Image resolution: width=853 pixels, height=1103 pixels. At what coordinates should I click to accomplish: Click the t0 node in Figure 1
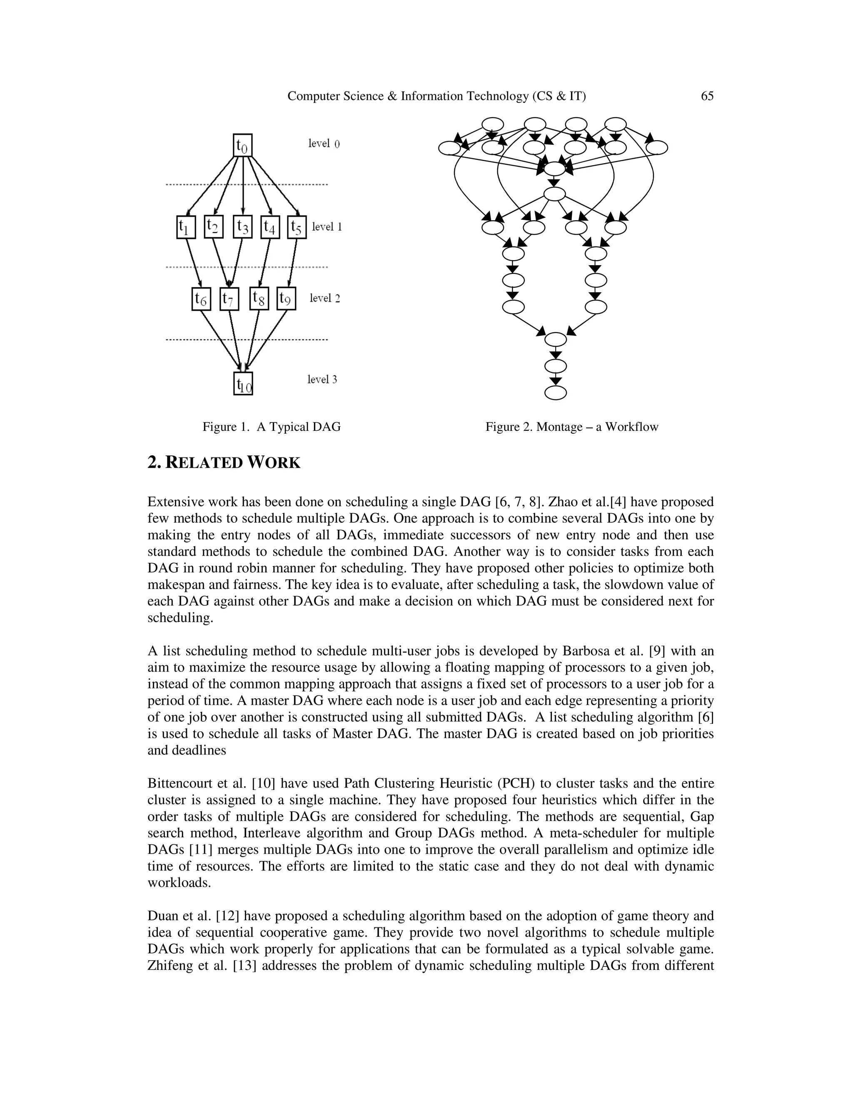242,145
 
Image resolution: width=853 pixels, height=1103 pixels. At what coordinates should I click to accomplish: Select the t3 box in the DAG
242,227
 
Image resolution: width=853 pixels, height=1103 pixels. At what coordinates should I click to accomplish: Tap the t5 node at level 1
297,227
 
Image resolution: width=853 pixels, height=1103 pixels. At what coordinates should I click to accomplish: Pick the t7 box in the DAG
229,299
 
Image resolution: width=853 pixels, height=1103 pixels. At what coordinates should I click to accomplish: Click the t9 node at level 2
286,298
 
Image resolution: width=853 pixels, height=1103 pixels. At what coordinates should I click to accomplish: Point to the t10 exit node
243,383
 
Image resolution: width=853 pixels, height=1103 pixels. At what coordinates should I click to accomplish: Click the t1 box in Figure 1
186,227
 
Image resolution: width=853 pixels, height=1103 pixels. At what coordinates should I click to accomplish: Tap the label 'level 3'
322,379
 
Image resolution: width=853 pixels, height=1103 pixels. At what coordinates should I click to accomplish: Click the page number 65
707,96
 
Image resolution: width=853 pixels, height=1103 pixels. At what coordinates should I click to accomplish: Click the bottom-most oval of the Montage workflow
555,393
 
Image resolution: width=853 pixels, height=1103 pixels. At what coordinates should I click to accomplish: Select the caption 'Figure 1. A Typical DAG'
272,427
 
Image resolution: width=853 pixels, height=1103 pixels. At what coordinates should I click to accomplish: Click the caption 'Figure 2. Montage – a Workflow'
571,427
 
